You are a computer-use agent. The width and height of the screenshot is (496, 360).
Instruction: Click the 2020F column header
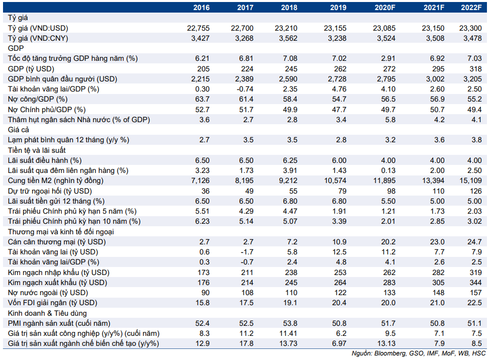(x=384, y=7)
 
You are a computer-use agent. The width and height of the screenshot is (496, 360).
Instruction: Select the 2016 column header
(x=201, y=7)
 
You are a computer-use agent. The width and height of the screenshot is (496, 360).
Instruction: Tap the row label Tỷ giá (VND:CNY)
(x=38, y=38)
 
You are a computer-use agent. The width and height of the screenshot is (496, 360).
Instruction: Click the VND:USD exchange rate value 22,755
(x=199, y=28)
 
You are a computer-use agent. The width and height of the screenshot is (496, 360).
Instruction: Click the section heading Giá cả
(x=19, y=130)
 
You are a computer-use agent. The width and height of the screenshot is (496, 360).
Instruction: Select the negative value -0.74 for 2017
(x=245, y=89)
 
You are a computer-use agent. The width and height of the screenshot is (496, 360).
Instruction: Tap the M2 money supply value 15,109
(x=471, y=181)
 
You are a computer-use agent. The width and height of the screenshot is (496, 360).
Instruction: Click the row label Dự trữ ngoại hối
(x=50, y=191)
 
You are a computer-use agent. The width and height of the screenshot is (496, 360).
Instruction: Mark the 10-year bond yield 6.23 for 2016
(x=203, y=221)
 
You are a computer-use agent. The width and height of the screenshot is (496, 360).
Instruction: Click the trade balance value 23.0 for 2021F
(x=437, y=242)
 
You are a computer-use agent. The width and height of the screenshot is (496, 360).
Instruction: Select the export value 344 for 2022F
(x=476, y=283)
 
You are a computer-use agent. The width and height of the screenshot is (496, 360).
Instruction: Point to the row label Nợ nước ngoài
(x=48, y=293)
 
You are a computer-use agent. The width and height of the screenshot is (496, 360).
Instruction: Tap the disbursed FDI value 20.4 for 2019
(x=339, y=303)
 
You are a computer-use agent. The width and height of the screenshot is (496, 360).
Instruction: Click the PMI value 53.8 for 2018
(x=290, y=323)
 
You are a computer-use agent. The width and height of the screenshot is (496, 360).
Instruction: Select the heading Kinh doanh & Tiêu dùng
(x=47, y=313)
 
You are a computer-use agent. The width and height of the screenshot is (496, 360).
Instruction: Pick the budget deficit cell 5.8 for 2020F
(x=390, y=120)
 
